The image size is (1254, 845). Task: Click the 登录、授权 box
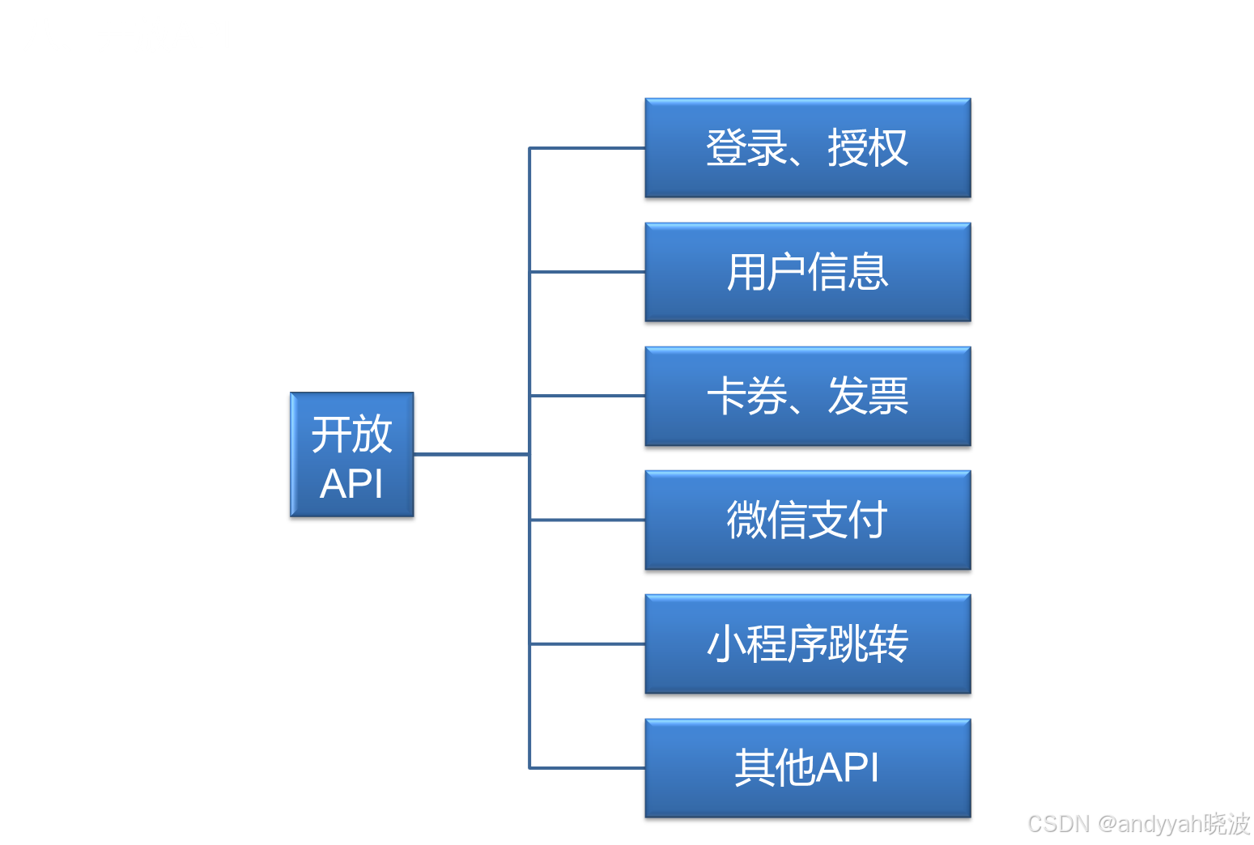point(807,148)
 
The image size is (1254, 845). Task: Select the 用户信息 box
point(807,272)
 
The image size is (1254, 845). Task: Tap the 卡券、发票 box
point(807,396)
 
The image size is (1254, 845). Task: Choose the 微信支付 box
point(807,520)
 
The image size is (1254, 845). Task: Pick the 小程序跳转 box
point(807,643)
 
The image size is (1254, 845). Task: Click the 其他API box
point(807,767)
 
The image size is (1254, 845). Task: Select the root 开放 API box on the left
point(352,455)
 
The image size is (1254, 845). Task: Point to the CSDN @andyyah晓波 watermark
point(1137,822)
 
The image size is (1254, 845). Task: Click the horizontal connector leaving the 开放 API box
point(470,455)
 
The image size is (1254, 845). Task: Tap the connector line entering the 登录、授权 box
point(587,148)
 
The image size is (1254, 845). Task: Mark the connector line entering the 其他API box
point(587,767)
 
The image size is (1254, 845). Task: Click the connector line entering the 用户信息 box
point(587,272)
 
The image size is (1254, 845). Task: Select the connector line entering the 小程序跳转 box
point(587,643)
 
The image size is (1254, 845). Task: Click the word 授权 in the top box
point(867,148)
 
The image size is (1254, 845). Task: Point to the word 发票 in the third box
point(867,396)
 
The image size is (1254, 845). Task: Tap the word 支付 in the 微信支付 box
point(848,520)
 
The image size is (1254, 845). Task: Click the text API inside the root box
point(351,484)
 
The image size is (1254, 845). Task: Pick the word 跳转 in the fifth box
point(867,643)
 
